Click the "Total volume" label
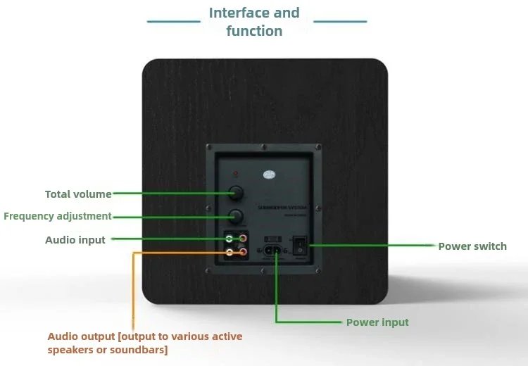pos(78,194)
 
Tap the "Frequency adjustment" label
pos(58,216)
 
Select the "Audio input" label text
pos(75,240)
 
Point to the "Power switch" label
pos(472,246)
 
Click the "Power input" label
pos(377,322)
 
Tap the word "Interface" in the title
pos(239,13)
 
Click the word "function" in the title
pos(254,31)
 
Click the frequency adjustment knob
pos(235,216)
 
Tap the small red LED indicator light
pos(235,173)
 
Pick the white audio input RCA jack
pos(230,239)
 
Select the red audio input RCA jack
pos(243,239)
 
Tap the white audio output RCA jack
pos(230,251)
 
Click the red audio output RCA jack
pos(243,251)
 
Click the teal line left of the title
pos(173,22)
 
